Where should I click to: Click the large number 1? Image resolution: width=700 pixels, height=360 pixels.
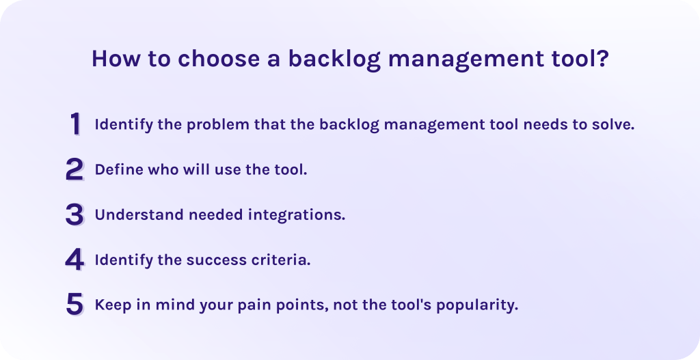point(75,124)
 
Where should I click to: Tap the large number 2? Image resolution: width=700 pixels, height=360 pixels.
point(75,169)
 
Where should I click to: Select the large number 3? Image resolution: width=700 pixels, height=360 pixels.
point(75,214)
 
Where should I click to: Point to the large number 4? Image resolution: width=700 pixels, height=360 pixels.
point(75,260)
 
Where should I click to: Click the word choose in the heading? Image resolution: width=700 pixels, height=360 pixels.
point(219,59)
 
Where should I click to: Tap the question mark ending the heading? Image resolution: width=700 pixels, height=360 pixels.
point(603,59)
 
